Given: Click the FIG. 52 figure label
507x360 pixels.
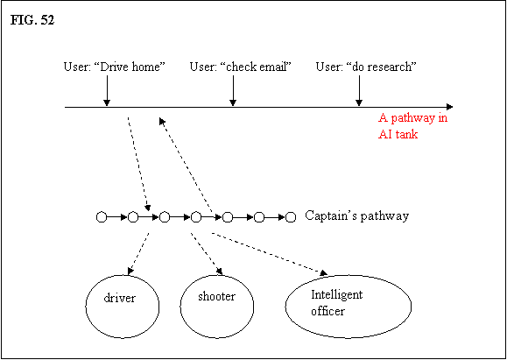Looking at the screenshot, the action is pos(32,20).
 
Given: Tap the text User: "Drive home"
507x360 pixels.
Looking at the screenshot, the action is pos(115,67).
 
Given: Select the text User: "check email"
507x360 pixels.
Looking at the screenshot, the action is pos(241,67).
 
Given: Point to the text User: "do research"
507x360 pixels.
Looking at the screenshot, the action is pos(366,67).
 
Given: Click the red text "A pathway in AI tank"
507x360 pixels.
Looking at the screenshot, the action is pos(413,125).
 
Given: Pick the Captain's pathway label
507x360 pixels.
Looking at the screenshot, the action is pos(357,215).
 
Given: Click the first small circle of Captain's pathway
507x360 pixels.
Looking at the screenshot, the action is pos(102,217).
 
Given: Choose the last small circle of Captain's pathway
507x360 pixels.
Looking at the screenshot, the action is pos(291,217).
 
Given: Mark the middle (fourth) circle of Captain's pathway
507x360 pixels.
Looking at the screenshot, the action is pos(196,217).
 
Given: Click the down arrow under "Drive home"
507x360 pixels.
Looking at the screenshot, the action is pos(107,91).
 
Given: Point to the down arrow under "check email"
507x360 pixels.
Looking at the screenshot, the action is pos(233,91).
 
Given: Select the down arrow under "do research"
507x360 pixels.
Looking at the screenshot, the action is pos(359,91).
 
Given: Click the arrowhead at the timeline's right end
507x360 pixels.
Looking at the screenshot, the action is pos(449,107).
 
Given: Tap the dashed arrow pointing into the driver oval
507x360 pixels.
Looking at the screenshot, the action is pos(138,254).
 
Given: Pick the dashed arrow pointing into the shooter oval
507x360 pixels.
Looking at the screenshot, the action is pos(207,254).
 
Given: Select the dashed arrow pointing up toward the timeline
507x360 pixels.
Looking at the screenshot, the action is pos(186,165).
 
